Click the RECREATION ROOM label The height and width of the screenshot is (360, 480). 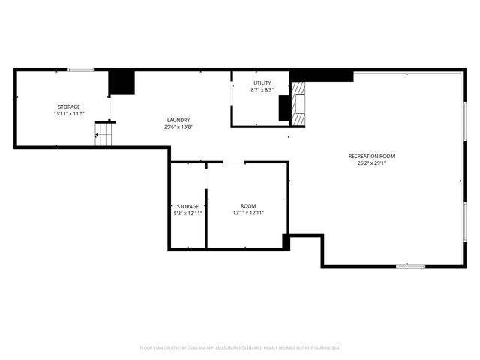click(371, 156)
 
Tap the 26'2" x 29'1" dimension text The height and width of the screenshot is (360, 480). click(371, 163)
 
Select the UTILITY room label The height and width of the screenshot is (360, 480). click(262, 82)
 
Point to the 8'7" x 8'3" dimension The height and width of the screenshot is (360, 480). click(262, 90)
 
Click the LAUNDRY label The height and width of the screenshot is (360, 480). click(178, 120)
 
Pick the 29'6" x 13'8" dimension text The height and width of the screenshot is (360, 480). click(178, 127)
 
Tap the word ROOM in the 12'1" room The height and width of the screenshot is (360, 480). click(248, 206)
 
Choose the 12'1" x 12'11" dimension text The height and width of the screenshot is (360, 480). click(248, 214)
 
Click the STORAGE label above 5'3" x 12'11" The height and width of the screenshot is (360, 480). click(187, 206)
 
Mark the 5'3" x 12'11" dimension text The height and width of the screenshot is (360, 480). click(187, 214)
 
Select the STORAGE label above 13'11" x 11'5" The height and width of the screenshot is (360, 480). click(69, 106)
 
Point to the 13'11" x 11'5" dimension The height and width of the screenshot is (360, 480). click(69, 114)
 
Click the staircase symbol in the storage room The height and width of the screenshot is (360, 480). click(103, 136)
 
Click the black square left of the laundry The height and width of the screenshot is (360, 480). click(121, 82)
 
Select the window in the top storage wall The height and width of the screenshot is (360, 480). click(81, 70)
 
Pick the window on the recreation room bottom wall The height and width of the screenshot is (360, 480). click(410, 265)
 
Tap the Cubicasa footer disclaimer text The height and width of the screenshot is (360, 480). click(240, 347)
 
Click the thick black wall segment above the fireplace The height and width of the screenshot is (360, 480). click(321, 75)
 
